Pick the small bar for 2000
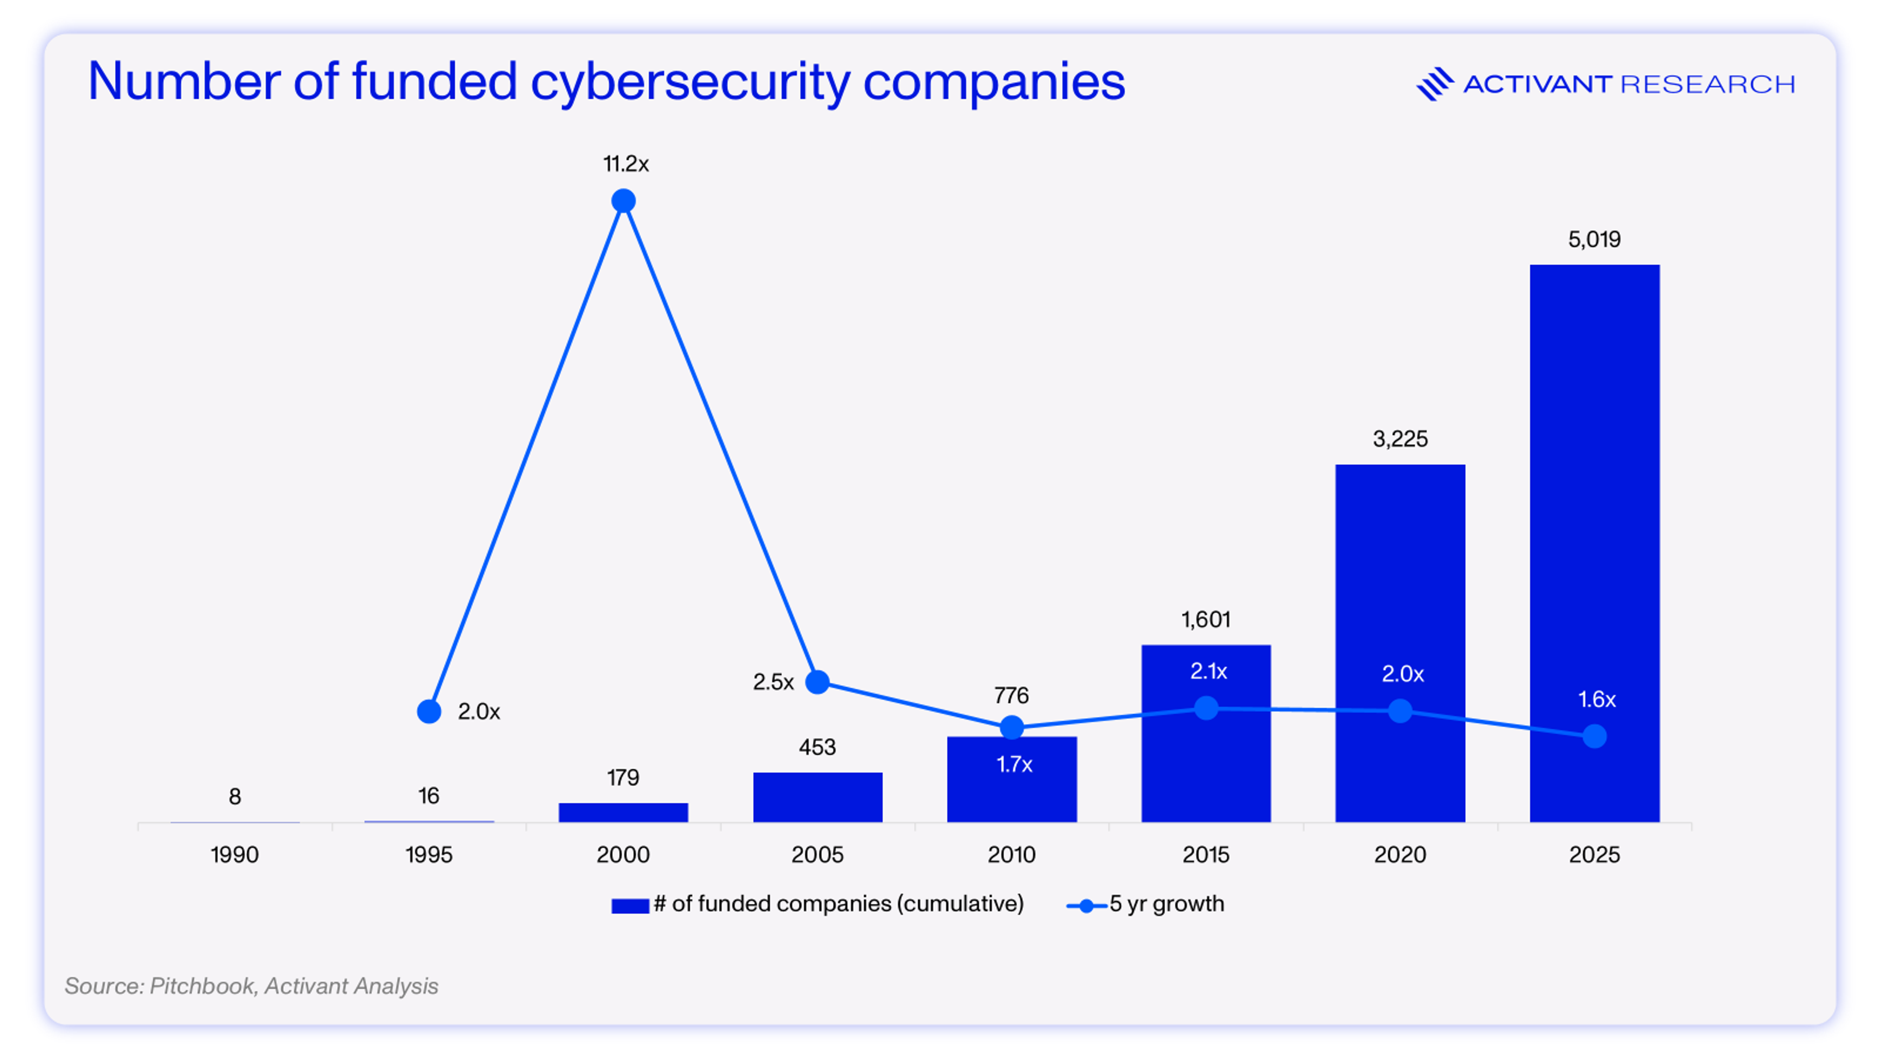pyautogui.click(x=623, y=812)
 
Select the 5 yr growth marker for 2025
pyautogui.click(x=1595, y=736)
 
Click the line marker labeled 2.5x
pyautogui.click(x=818, y=681)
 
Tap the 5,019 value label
pyautogui.click(x=1594, y=240)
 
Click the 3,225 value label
pyautogui.click(x=1400, y=439)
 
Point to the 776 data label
pyautogui.click(x=1011, y=695)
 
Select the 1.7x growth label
pyautogui.click(x=1014, y=765)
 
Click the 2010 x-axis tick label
pyautogui.click(x=1011, y=854)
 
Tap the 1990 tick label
pyautogui.click(x=235, y=854)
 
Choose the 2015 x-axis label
pyautogui.click(x=1206, y=854)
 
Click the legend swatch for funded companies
pyautogui.click(x=630, y=905)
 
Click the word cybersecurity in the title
pyautogui.click(x=690, y=82)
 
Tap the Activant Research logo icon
pyautogui.click(x=1434, y=84)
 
